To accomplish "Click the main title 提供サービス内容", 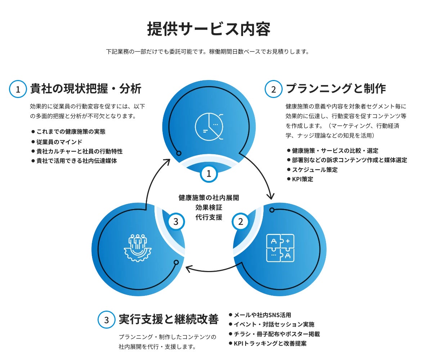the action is pyautogui.click(x=208, y=29).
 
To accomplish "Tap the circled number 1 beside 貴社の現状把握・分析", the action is pyautogui.click(x=18, y=89).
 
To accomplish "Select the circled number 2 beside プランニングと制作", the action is pyautogui.click(x=274, y=89).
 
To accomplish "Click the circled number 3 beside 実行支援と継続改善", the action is pyautogui.click(x=106, y=320).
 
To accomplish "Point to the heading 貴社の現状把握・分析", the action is pyautogui.click(x=86, y=89).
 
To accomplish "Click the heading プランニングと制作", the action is pyautogui.click(x=336, y=89).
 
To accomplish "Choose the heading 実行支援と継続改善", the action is pyautogui.click(x=169, y=319).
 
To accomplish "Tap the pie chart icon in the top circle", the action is pyautogui.click(x=209, y=126).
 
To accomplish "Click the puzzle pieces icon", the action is pyautogui.click(x=280, y=248).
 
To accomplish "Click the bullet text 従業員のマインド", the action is pyautogui.click(x=59, y=142).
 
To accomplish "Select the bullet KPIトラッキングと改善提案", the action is pyautogui.click(x=270, y=343).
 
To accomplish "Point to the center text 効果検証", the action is pyautogui.click(x=209, y=208).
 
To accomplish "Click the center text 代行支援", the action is pyautogui.click(x=209, y=217).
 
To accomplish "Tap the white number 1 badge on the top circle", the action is pyautogui.click(x=208, y=174).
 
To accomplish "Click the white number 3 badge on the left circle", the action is pyautogui.click(x=176, y=222).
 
